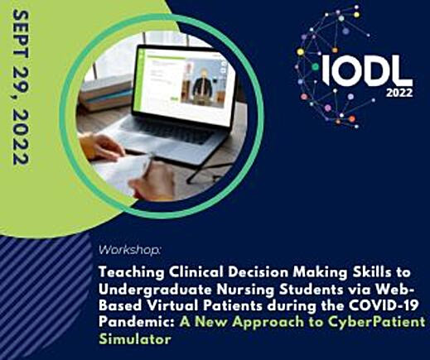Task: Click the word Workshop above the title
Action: [x=129, y=250]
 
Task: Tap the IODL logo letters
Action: [x=367, y=70]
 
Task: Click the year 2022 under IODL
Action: [x=399, y=93]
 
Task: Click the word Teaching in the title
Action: [x=131, y=273]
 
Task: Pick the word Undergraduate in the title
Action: [x=155, y=290]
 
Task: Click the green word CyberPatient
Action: [x=376, y=323]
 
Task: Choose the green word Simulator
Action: [x=135, y=338]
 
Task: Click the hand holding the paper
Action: [x=100, y=146]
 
